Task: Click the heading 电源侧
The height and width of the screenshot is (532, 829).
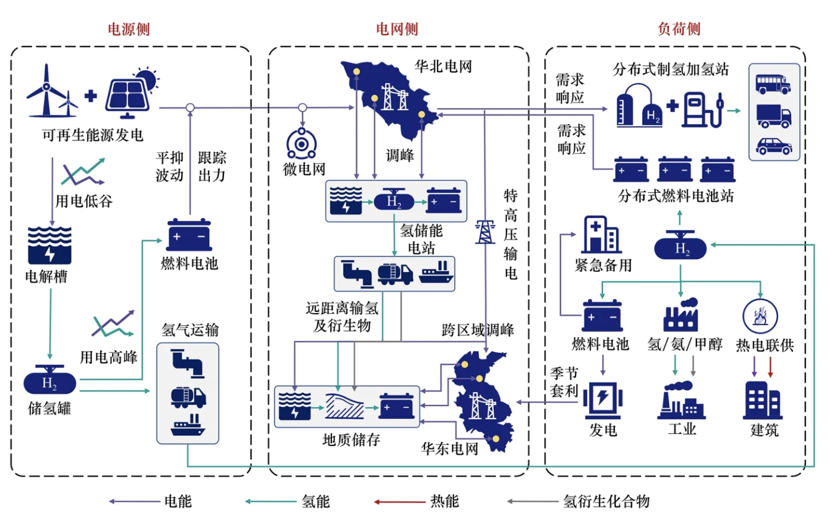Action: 129,29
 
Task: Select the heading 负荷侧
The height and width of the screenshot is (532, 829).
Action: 679,29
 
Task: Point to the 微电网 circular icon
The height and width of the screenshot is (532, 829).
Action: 302,143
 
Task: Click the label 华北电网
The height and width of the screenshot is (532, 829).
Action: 443,66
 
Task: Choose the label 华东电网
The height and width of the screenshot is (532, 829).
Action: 450,449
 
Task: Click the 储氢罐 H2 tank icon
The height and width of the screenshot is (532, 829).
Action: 50,382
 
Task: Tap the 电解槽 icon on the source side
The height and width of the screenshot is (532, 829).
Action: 50,245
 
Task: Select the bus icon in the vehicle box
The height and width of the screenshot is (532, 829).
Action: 773,84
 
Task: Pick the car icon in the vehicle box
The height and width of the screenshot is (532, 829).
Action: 774,146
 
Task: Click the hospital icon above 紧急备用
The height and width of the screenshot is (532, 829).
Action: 601,235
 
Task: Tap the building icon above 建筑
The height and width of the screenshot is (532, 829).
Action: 763,400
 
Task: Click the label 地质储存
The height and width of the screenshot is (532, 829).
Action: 351,439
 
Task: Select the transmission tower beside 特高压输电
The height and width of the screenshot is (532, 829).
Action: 485,232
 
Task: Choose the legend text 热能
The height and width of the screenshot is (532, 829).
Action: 445,501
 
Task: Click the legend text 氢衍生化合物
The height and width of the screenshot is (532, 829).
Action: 606,501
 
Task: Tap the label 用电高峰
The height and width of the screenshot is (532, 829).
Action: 108,357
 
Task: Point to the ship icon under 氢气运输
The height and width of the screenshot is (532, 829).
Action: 187,425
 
